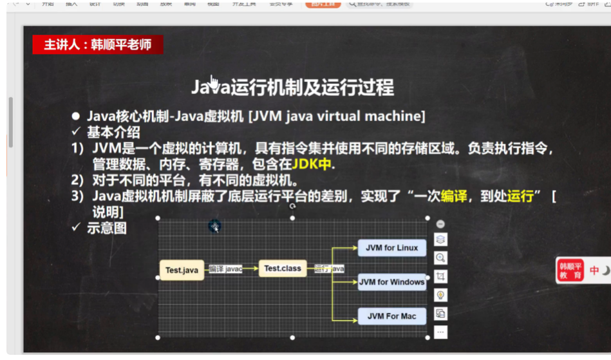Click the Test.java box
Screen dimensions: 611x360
182,270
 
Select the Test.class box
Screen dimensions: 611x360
282,269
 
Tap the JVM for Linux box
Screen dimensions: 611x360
391,248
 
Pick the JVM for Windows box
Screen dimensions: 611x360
391,282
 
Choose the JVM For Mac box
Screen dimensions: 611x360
391,316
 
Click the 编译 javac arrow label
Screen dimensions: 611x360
225,269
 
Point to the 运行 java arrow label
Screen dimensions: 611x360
329,269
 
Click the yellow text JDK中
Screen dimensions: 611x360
312,164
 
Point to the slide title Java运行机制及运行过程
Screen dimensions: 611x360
292,87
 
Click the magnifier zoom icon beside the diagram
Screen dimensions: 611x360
441,258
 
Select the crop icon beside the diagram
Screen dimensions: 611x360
441,276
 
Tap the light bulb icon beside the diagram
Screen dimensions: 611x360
441,295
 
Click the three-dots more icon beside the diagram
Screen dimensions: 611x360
441,332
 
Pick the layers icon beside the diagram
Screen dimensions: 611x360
441,240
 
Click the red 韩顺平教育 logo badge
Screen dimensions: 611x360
570,270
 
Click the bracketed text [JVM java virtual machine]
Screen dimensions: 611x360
337,117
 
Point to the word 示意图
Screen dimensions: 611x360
107,228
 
